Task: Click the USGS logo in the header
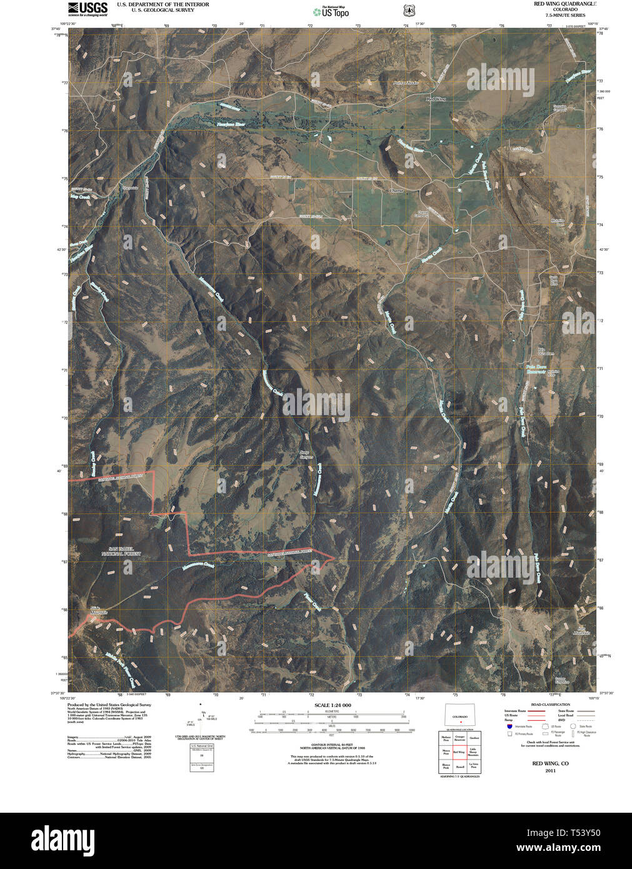coord(88,9)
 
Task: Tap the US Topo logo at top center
coord(331,11)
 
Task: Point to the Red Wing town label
coord(436,99)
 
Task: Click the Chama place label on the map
coord(396,190)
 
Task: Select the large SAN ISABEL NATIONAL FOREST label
coord(121,551)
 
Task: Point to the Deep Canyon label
coord(305,454)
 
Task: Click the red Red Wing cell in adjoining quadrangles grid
coord(459,752)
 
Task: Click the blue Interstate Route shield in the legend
coord(509,726)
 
